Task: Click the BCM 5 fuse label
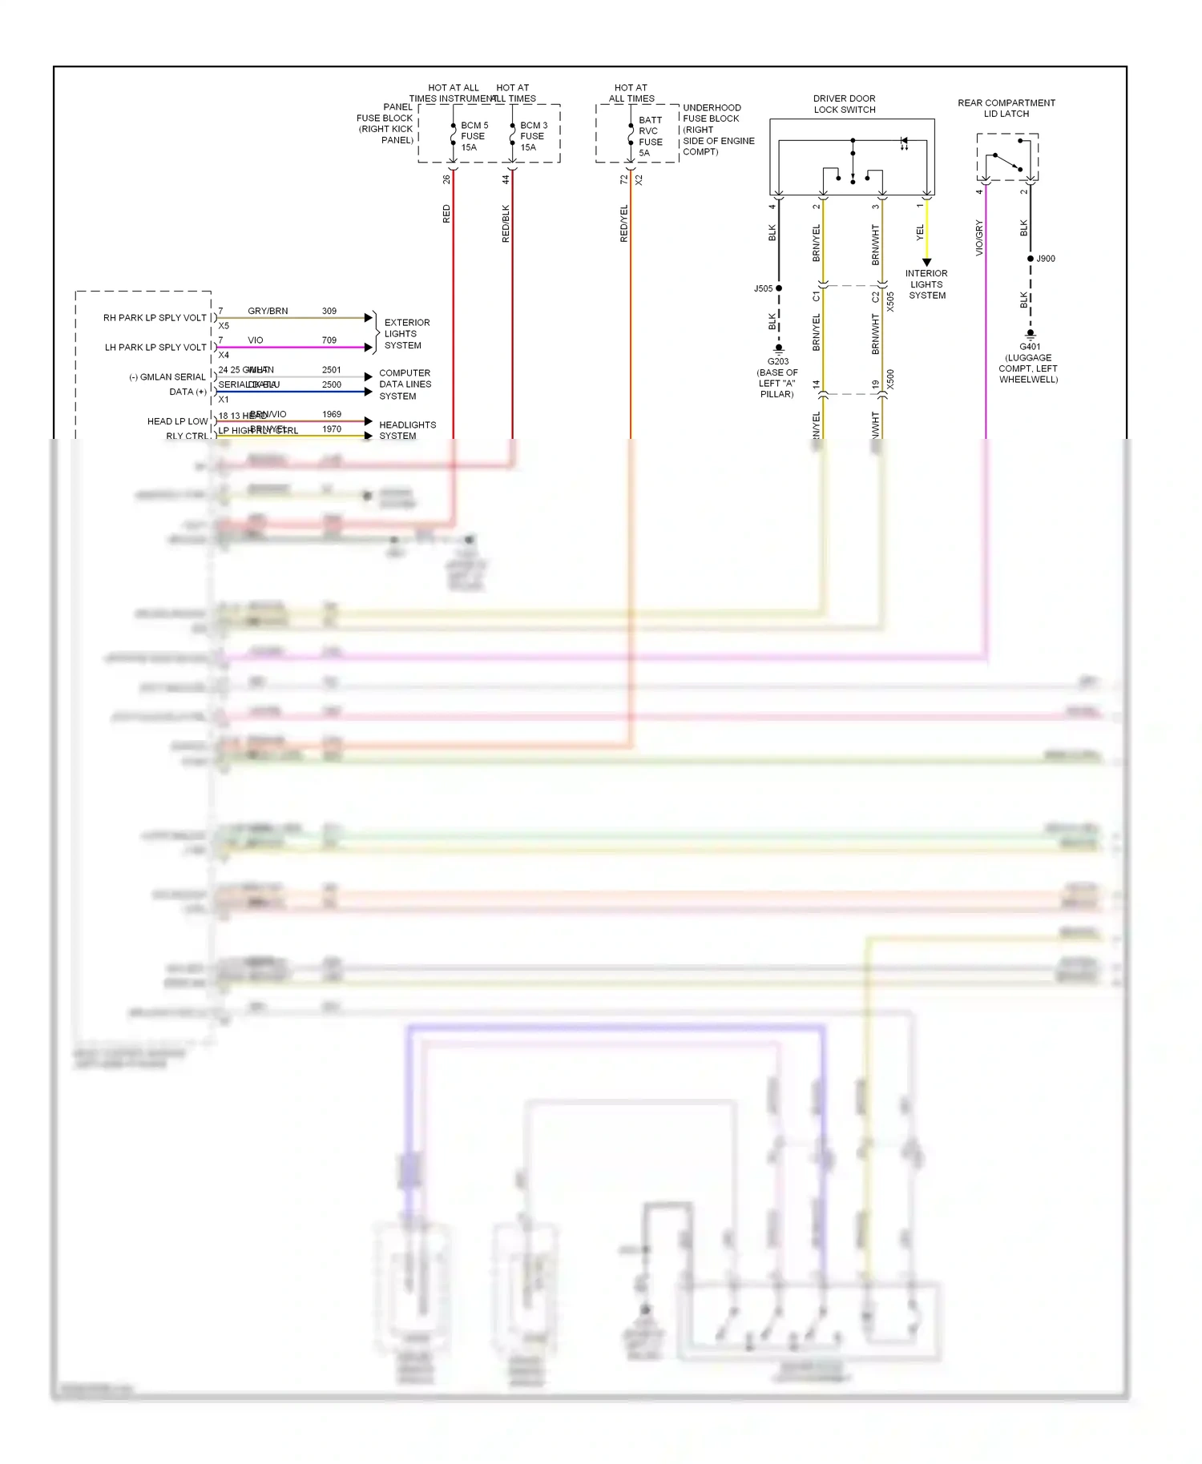(474, 136)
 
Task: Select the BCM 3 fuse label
(533, 136)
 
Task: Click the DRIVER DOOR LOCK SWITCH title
(844, 104)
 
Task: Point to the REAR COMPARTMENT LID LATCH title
(1006, 108)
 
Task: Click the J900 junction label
(1046, 259)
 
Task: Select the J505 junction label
(763, 288)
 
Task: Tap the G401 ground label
(1030, 347)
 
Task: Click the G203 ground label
(777, 361)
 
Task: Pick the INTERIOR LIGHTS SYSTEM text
(926, 284)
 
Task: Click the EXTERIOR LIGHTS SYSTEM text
(406, 334)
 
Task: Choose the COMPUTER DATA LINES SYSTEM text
(405, 384)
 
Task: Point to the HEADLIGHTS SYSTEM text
(407, 430)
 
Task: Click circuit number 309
(329, 311)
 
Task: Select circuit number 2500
(332, 384)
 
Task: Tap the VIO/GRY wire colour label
(979, 238)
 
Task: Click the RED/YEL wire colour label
(624, 223)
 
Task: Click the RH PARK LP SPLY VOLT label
(155, 318)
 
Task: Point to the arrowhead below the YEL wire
(926, 263)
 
